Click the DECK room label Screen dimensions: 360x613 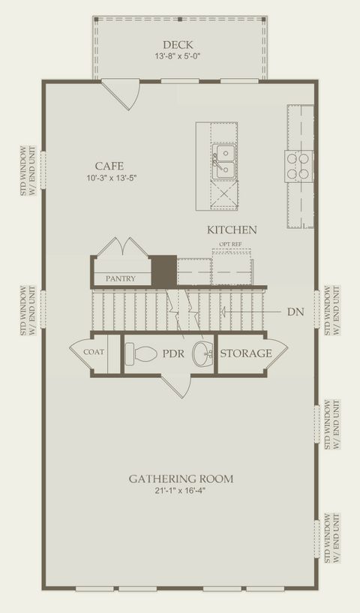coord(178,44)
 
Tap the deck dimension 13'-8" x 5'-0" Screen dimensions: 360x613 coord(178,56)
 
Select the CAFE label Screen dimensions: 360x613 coord(109,166)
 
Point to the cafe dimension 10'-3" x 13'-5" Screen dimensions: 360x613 coord(112,179)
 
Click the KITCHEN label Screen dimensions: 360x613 coord(232,230)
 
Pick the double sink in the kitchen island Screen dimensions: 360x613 coord(224,162)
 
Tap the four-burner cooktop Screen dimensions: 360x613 coord(298,166)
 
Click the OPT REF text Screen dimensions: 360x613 coord(230,244)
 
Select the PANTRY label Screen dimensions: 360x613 coord(121,279)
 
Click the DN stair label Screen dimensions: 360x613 coord(295,312)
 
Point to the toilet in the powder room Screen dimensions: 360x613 coord(141,353)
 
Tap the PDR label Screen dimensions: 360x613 coord(173,354)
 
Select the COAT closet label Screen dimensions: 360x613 coord(94,352)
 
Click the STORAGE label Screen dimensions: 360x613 coord(246,353)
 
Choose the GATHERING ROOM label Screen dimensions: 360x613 coord(181,479)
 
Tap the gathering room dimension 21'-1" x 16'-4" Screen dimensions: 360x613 coord(180,491)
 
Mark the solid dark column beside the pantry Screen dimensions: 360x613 coord(163,270)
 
